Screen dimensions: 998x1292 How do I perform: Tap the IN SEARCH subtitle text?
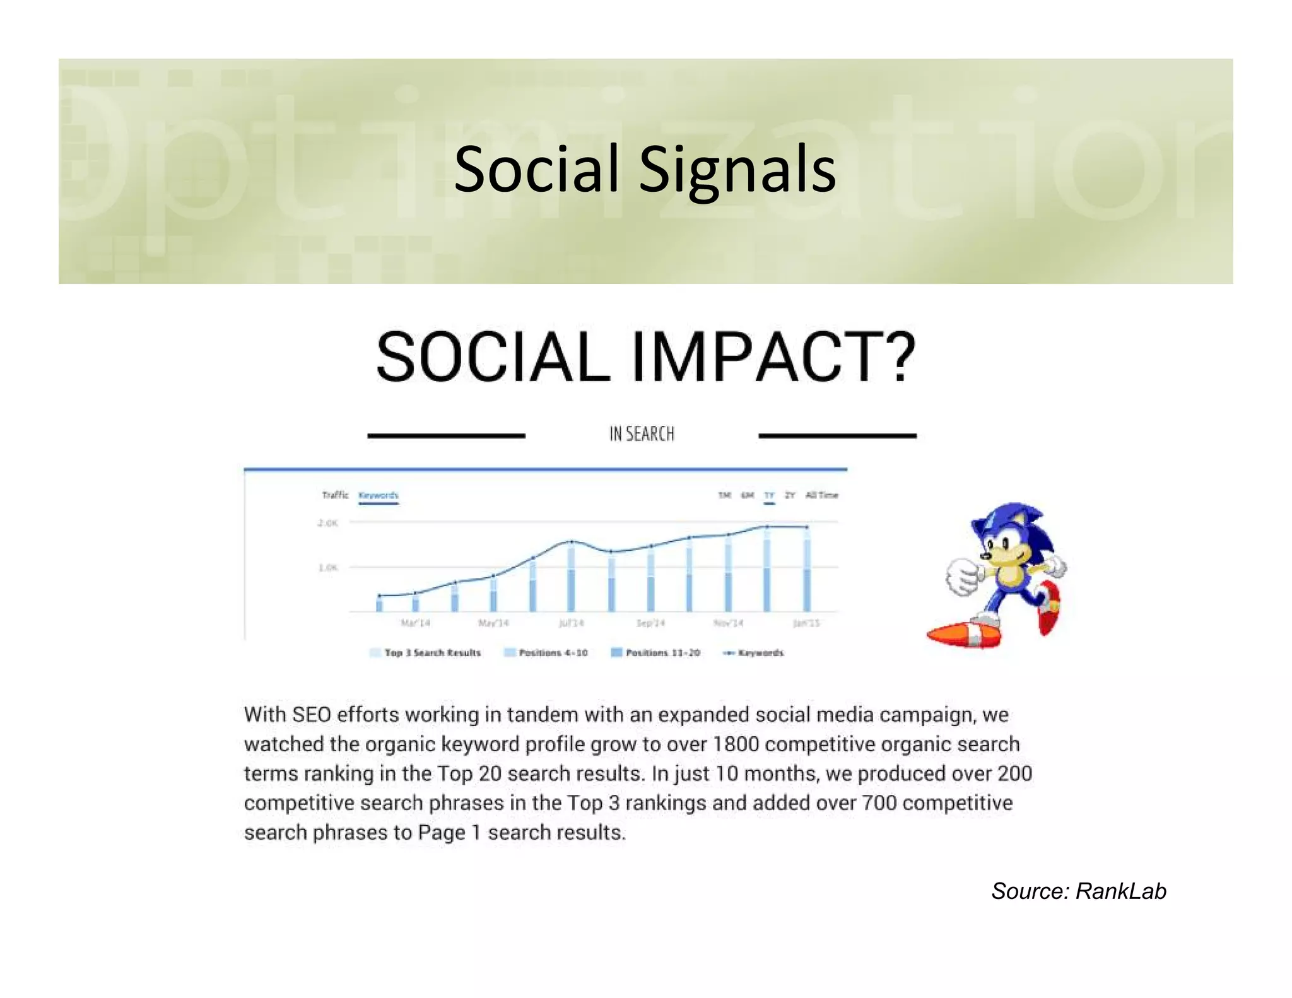pyautogui.click(x=642, y=434)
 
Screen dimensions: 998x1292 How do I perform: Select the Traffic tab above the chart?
pyautogui.click(x=335, y=495)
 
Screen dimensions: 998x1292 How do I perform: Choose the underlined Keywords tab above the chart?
pyautogui.click(x=378, y=495)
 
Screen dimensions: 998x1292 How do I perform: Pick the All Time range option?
pyautogui.click(x=821, y=495)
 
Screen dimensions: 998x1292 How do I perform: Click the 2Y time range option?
pyautogui.click(x=790, y=495)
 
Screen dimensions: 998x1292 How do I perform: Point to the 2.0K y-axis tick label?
pyautogui.click(x=327, y=523)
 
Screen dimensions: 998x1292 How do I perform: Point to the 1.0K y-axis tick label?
pyautogui.click(x=327, y=568)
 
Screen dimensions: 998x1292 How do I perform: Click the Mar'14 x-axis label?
pyautogui.click(x=415, y=623)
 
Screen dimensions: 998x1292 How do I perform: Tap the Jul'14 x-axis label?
pyautogui.click(x=571, y=623)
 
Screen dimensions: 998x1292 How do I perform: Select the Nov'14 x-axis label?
pyautogui.click(x=728, y=623)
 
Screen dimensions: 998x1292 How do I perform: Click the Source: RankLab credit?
pyautogui.click(x=1078, y=891)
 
